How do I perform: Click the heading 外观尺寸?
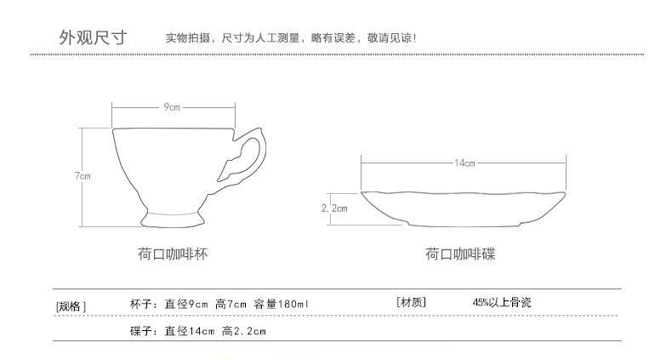(93, 37)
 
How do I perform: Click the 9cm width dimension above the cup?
(172, 106)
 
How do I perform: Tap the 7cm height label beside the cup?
(83, 175)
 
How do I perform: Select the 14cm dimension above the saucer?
(464, 163)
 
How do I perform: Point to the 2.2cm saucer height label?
(334, 209)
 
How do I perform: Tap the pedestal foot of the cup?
(173, 219)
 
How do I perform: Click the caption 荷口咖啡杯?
(173, 254)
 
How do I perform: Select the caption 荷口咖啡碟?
(460, 254)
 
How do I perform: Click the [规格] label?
(71, 306)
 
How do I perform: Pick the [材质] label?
(411, 302)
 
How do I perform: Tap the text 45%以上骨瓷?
(502, 303)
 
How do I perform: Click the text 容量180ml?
(281, 305)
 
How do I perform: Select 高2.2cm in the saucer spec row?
(244, 331)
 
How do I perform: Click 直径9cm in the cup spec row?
(186, 305)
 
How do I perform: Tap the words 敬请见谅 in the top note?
(390, 37)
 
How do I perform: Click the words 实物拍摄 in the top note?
(188, 37)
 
